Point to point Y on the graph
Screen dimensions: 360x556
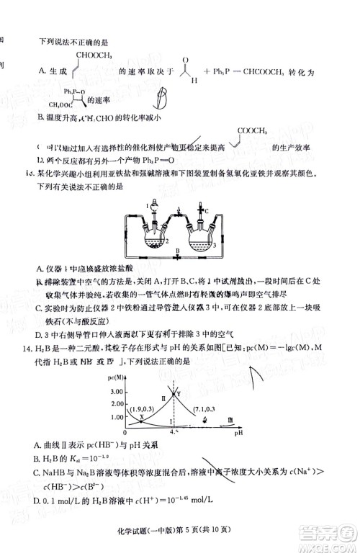178,394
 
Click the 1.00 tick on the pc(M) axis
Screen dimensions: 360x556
117,418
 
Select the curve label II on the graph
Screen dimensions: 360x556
164,398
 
